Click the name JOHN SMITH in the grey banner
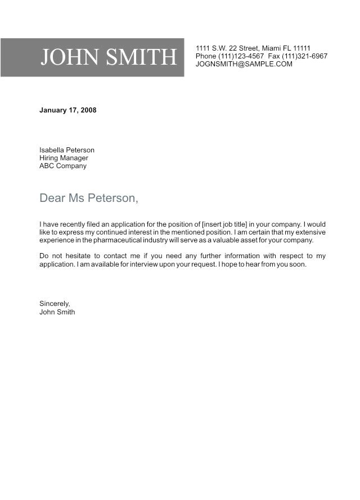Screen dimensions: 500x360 coord(109,57)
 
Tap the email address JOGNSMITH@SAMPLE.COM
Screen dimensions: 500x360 coord(244,64)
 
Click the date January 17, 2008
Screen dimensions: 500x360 coord(67,110)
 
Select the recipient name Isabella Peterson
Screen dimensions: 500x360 coord(67,150)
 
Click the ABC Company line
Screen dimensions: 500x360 coord(63,166)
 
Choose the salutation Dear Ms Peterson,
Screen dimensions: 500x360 coord(88,198)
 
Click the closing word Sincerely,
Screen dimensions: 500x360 coord(55,304)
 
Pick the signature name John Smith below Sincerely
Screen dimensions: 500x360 coord(57,312)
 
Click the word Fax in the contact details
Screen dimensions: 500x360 coord(274,56)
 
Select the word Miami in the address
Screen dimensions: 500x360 coord(273,48)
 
